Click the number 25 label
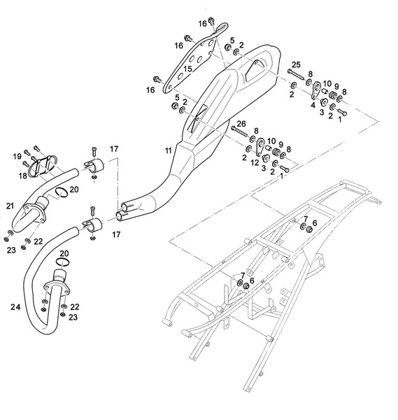[295, 64]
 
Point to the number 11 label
[168, 150]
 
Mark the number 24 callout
[15, 305]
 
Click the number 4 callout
[313, 106]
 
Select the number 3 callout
[322, 111]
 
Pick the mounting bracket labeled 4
[316, 89]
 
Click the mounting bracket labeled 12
[260, 146]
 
